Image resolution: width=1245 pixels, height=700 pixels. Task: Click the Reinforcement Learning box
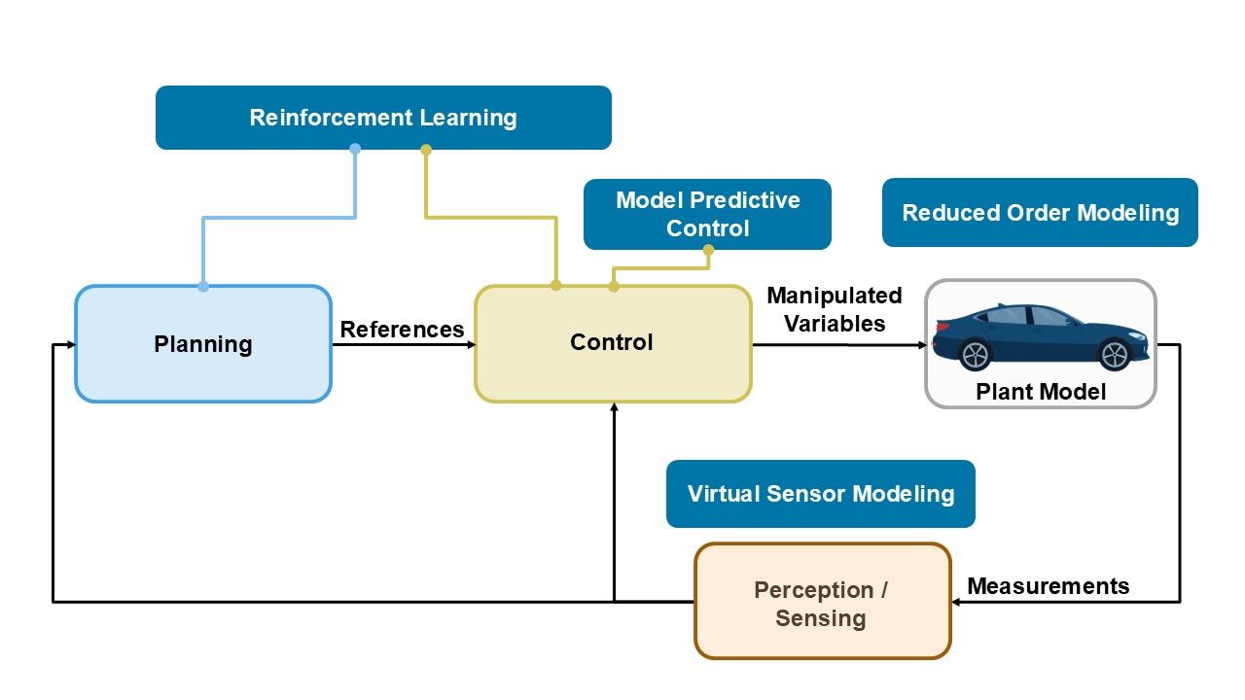coord(383,118)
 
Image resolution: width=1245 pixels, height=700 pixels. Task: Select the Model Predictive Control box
coord(707,214)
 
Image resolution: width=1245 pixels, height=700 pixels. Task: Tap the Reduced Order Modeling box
coord(1040,213)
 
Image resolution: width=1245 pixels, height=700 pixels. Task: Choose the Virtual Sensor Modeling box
coord(820,494)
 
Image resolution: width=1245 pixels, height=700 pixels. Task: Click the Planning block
coord(203,344)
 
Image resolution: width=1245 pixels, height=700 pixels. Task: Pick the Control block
coord(612,343)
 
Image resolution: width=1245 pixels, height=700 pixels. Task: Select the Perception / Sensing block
coord(821,603)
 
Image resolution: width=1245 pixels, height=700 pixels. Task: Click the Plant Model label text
coord(1040,392)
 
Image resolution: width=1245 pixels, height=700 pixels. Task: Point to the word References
coord(402,330)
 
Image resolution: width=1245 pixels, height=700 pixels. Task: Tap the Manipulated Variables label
coord(835,309)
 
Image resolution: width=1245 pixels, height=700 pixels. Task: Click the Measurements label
coord(1048,586)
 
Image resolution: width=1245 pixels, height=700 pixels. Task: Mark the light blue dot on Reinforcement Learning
coord(355,149)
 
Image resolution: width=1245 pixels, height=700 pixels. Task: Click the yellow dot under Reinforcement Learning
coord(425,149)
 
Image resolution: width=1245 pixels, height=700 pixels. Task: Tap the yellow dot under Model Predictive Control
coord(708,250)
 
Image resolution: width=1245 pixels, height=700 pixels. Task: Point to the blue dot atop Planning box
coord(203,286)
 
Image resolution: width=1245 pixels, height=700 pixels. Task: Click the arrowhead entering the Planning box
coord(71,345)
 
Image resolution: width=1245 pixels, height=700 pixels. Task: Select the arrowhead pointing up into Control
coord(614,408)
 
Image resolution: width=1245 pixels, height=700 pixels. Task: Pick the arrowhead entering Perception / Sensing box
coord(956,602)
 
